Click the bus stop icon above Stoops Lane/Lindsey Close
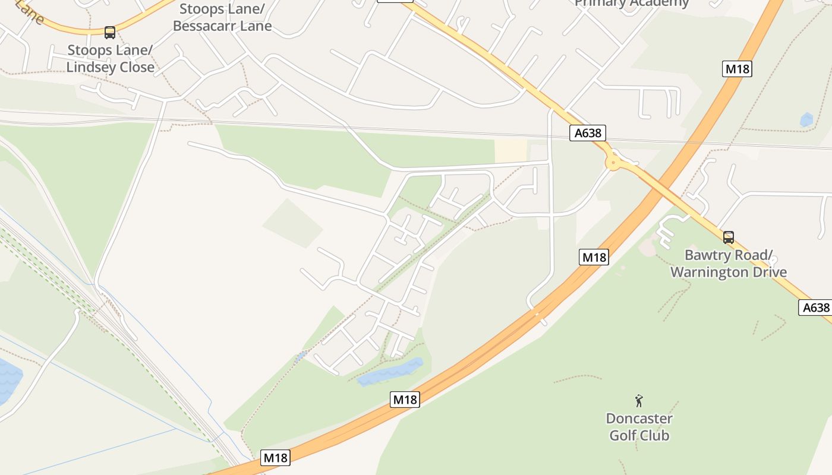[x=109, y=32]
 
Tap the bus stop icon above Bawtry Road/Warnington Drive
[x=729, y=237]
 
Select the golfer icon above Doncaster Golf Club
[x=639, y=401]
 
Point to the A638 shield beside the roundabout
[x=588, y=133]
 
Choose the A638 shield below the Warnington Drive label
[x=815, y=308]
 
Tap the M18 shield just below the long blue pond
[x=405, y=400]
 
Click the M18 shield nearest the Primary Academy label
[x=737, y=69]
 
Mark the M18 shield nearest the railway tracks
[x=275, y=458]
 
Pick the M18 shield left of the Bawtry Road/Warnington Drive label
[x=594, y=257]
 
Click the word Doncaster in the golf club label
[x=639, y=419]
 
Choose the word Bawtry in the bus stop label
[x=708, y=255]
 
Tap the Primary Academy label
[x=631, y=4]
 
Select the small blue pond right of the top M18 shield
[x=806, y=120]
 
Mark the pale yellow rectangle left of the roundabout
[x=510, y=151]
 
